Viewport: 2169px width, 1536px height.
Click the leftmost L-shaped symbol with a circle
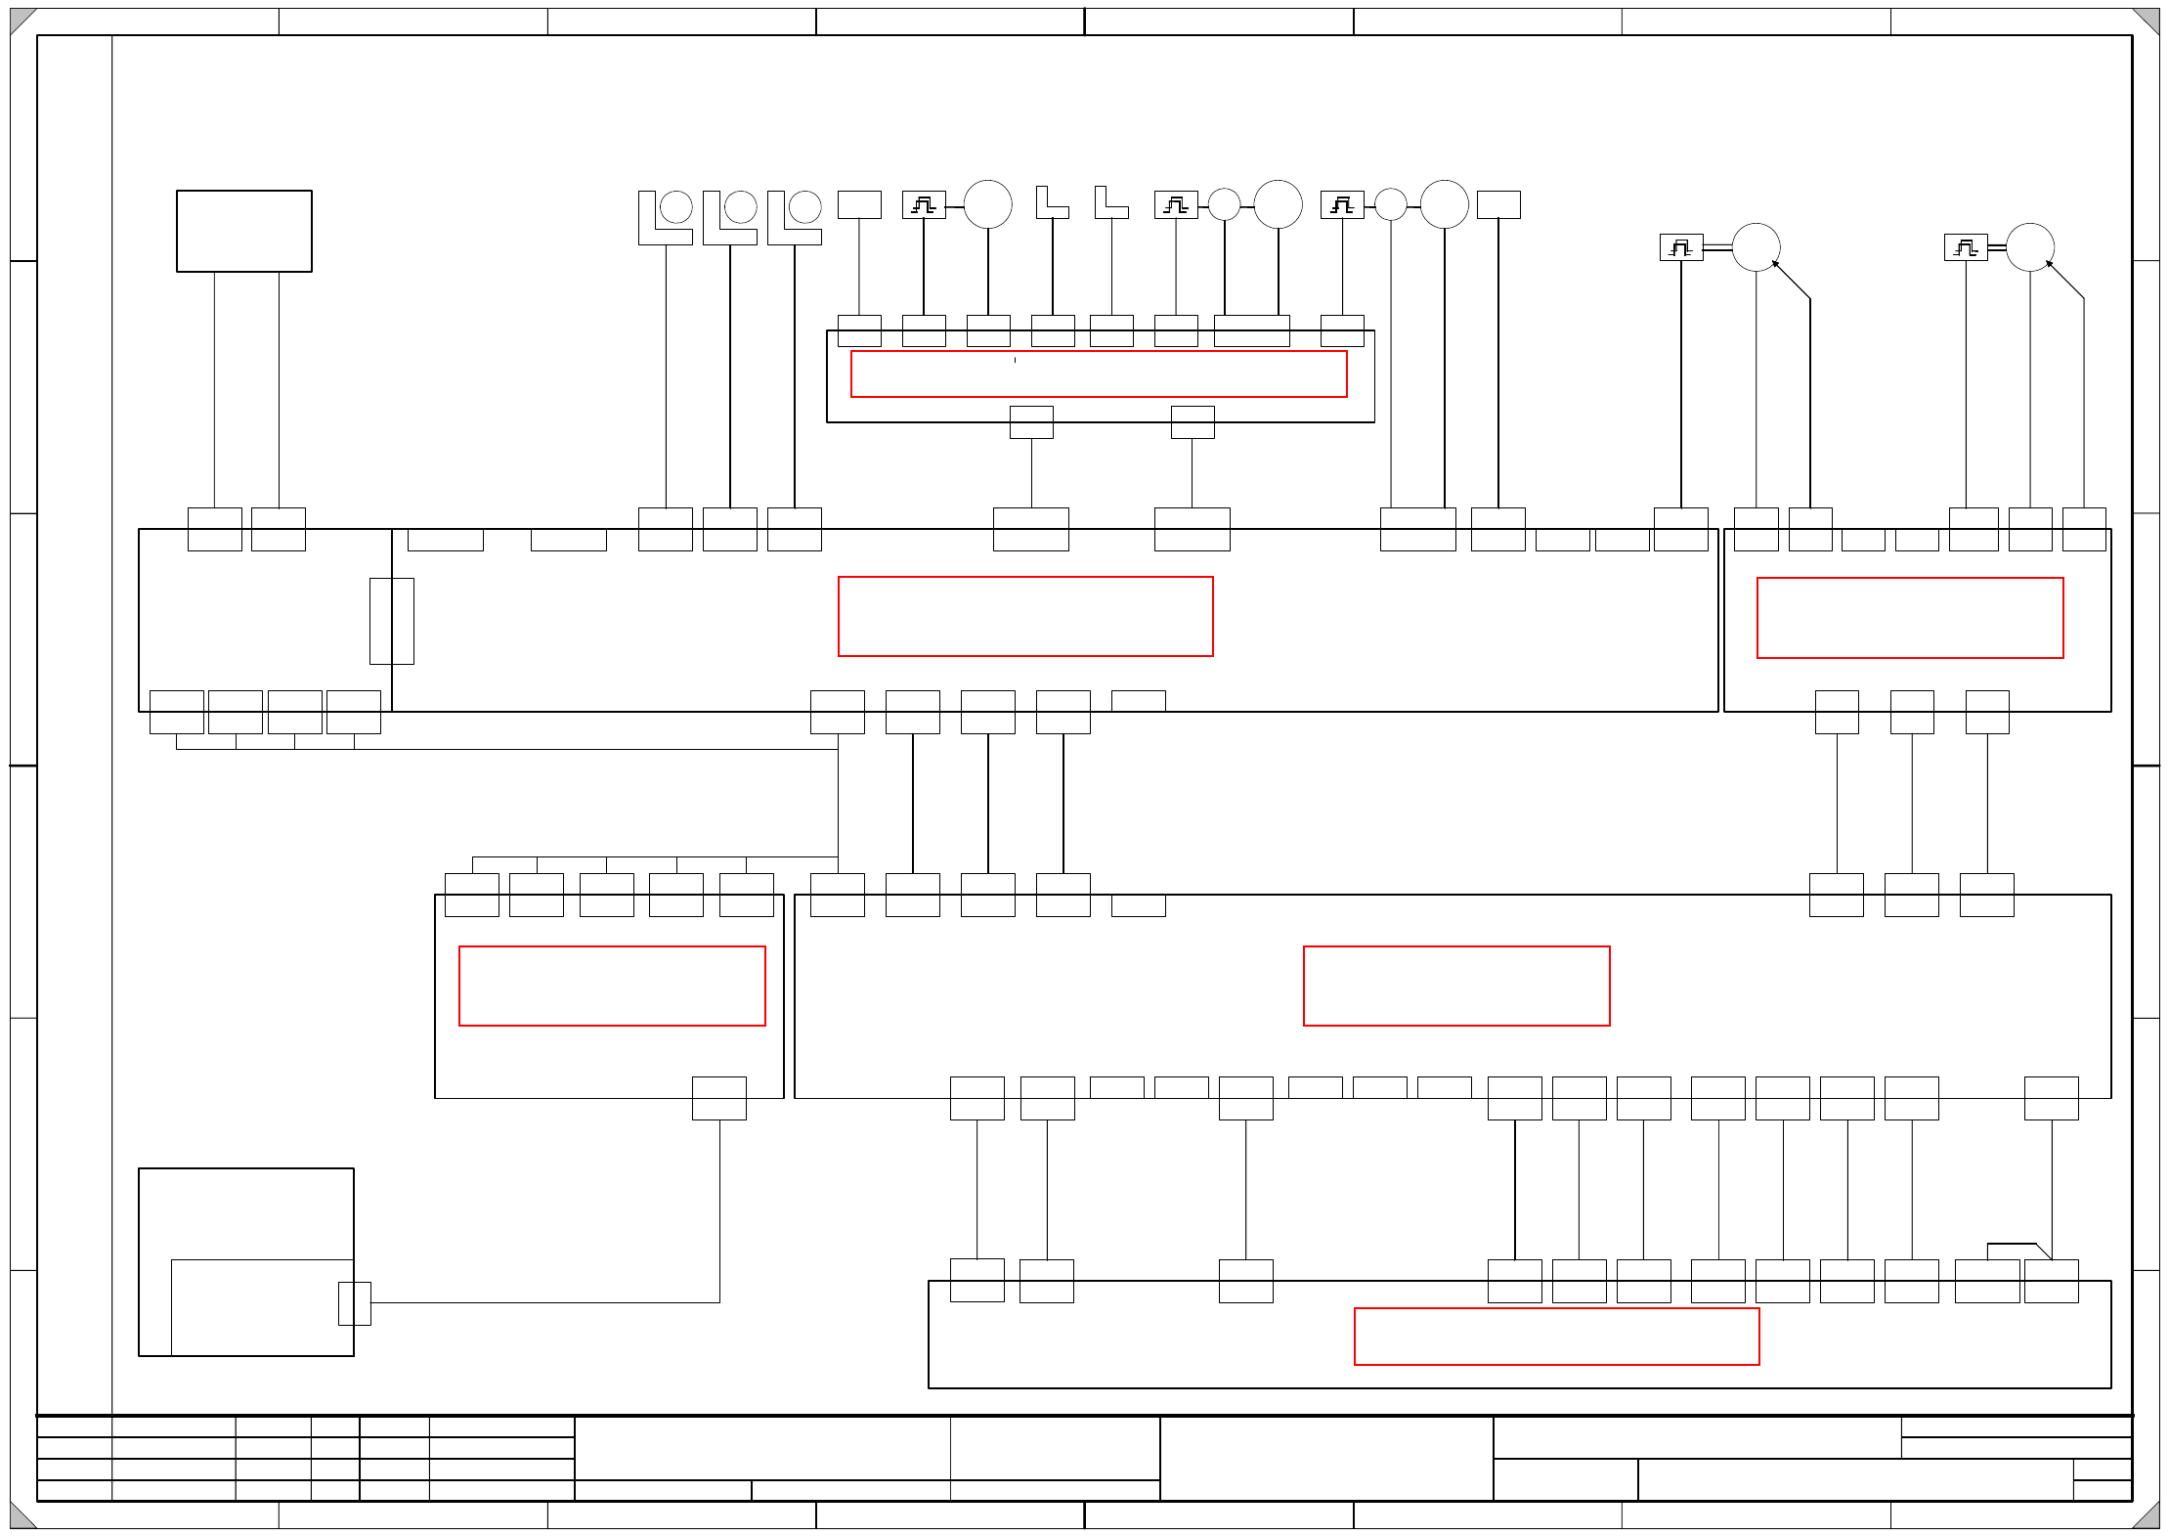(x=665, y=217)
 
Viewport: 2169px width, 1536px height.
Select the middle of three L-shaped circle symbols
(x=729, y=217)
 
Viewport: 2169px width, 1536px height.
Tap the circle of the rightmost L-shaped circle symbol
(x=805, y=206)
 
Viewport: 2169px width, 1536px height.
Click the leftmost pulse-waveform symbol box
(x=923, y=204)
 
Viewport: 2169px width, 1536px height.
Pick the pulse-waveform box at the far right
(x=1965, y=247)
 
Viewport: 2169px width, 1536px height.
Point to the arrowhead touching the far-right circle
(x=2049, y=263)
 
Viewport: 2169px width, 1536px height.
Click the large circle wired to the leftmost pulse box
(x=987, y=204)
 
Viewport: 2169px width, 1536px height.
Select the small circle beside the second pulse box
(x=1224, y=204)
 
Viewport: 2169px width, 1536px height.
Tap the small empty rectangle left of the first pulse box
(x=859, y=204)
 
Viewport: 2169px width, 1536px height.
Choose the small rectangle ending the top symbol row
(x=1497, y=204)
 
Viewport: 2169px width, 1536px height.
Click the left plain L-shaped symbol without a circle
(x=1051, y=202)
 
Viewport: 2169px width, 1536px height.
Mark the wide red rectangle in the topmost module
(x=1098, y=373)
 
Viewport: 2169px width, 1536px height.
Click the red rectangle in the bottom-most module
(x=1556, y=1336)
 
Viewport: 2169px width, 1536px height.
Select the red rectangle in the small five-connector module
(x=612, y=986)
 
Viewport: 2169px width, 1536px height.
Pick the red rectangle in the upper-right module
(x=1909, y=618)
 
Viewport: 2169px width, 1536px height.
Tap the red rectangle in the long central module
(x=1025, y=616)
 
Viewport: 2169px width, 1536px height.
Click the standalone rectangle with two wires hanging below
(x=244, y=231)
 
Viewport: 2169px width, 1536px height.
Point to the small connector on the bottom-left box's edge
(x=354, y=1303)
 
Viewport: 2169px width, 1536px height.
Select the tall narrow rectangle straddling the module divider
(x=391, y=621)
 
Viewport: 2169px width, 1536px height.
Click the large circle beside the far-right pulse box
(x=2029, y=247)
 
